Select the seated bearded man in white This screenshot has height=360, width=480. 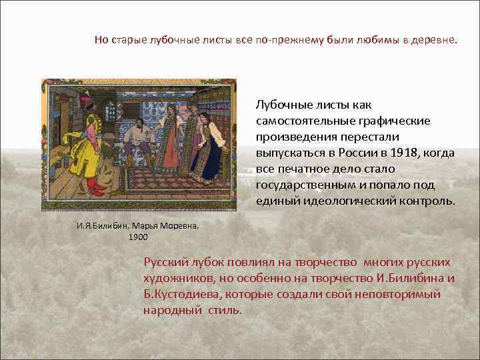click(x=141, y=136)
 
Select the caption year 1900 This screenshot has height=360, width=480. click(x=139, y=237)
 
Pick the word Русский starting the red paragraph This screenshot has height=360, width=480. click(x=163, y=262)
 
